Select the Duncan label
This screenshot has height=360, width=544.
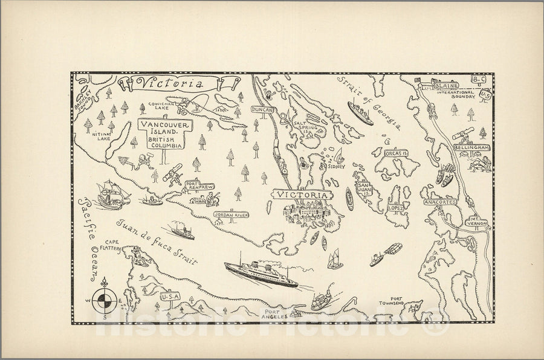[x=264, y=110]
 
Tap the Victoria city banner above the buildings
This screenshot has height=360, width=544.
[x=302, y=195]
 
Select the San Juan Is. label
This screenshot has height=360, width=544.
[x=363, y=189]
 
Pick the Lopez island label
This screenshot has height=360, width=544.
[x=395, y=208]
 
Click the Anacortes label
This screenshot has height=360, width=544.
[x=440, y=202]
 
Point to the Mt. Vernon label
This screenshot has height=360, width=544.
[x=477, y=221]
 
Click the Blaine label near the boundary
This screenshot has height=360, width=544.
[x=446, y=86]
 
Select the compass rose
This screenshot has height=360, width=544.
[x=104, y=298]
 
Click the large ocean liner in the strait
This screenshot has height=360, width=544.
[x=261, y=274]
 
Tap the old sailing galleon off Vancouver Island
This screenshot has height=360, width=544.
[x=113, y=194]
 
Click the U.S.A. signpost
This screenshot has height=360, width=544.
[x=170, y=297]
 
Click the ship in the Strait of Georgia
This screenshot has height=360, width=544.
[x=360, y=112]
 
